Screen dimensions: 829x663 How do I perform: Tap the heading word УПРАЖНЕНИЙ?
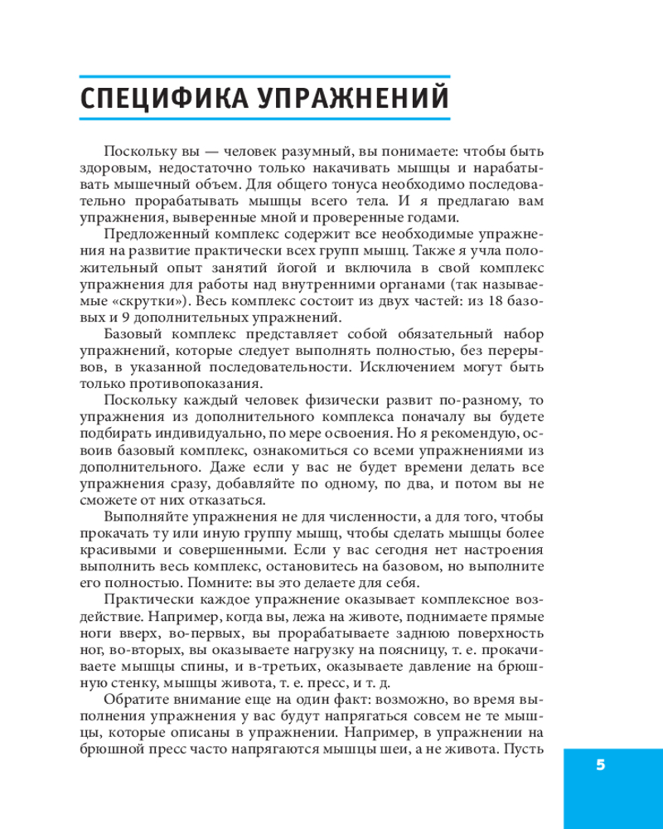click(x=357, y=98)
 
